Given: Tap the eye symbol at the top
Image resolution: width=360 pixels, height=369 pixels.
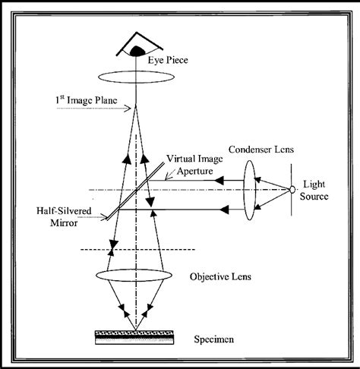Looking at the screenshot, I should (136, 47).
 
